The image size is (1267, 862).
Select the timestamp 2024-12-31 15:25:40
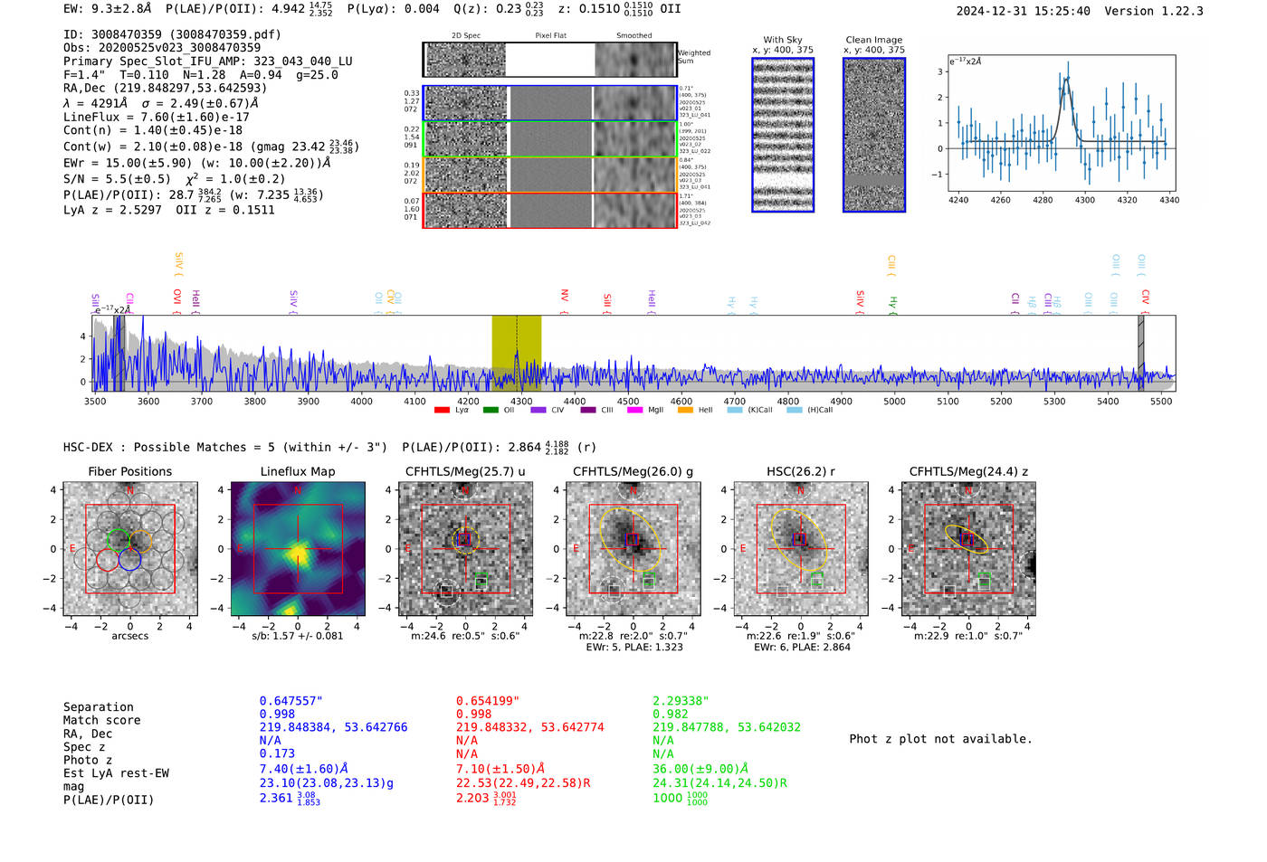pyautogui.click(x=1023, y=11)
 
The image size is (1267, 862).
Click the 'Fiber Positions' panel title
pyautogui.click(x=129, y=471)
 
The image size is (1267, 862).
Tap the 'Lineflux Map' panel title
pyautogui.click(x=297, y=471)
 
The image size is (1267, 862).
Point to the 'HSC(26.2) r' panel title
pyautogui.click(x=800, y=471)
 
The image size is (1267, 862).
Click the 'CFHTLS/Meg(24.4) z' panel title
pyautogui.click(x=968, y=471)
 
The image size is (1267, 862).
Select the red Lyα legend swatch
pyautogui.click(x=442, y=410)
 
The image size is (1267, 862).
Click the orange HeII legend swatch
pyautogui.click(x=685, y=410)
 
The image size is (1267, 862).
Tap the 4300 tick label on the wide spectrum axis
pyautogui.click(x=521, y=401)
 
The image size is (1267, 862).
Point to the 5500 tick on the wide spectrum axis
pyautogui.click(x=1161, y=401)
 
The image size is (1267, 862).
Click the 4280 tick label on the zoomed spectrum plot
pyautogui.click(x=1043, y=200)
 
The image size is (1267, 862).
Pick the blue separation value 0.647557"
pyautogui.click(x=291, y=701)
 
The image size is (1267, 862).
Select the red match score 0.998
pyautogui.click(x=474, y=714)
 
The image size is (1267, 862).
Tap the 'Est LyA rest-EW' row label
pyautogui.click(x=116, y=773)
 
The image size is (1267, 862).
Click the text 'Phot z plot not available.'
pyautogui.click(x=940, y=739)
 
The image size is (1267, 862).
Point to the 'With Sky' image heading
pyautogui.click(x=782, y=40)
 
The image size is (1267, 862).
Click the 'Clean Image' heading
pyautogui.click(x=873, y=40)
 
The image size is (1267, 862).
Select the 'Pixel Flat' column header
pyautogui.click(x=550, y=35)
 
